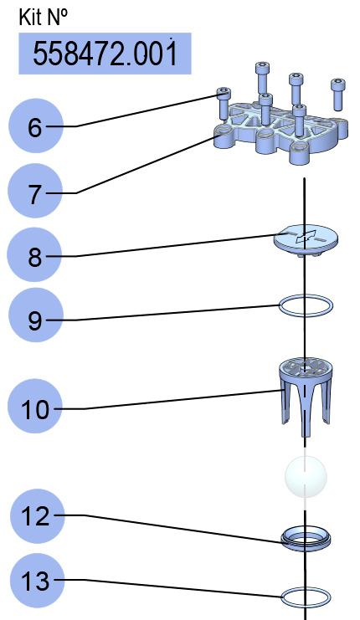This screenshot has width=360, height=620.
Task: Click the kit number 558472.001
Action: (x=105, y=54)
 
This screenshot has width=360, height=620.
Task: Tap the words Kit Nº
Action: (x=44, y=17)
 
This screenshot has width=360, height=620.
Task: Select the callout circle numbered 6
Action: (x=36, y=126)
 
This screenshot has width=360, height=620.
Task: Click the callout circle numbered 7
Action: (x=36, y=191)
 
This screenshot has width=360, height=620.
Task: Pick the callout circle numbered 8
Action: (x=35, y=254)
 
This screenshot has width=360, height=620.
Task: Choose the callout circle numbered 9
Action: (x=36, y=315)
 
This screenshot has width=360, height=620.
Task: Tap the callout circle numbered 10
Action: (x=35, y=406)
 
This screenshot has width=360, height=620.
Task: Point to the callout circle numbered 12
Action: (x=37, y=516)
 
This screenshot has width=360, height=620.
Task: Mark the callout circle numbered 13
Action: (x=37, y=581)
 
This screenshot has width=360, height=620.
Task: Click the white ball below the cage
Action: (x=306, y=476)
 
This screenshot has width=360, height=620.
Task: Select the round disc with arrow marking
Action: (x=306, y=240)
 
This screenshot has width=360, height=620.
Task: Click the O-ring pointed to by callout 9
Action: (x=306, y=295)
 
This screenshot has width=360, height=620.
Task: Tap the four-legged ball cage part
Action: (x=306, y=397)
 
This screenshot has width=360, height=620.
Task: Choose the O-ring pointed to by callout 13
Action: (x=306, y=589)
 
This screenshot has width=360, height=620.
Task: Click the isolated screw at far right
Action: (x=338, y=95)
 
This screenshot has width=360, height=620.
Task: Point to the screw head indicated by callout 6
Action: (x=223, y=94)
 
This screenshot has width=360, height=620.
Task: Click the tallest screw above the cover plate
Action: (x=262, y=79)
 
